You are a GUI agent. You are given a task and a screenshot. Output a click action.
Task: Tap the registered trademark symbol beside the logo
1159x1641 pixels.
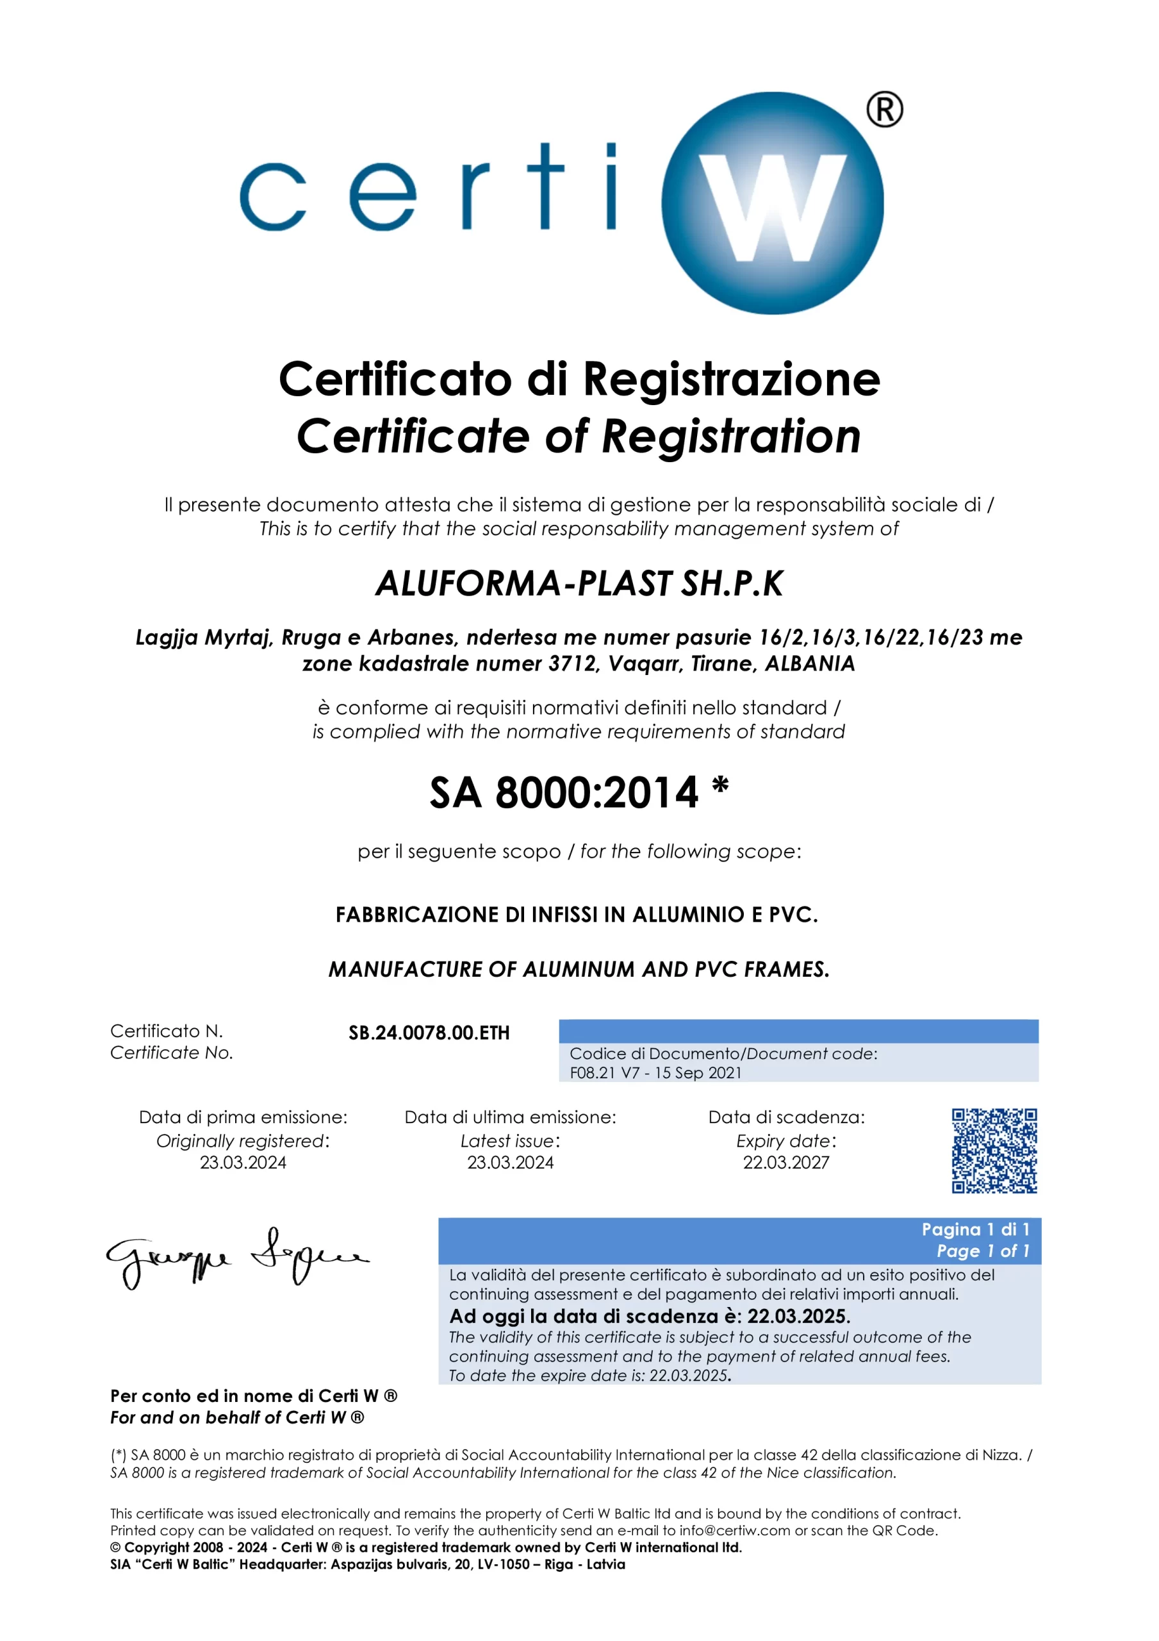click(885, 110)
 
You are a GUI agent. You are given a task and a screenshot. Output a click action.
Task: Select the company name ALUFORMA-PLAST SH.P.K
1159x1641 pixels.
click(579, 584)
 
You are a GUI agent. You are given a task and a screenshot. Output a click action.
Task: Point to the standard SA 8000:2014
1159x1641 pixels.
click(564, 793)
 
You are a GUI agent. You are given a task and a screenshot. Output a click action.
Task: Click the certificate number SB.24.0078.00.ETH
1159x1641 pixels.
click(429, 1033)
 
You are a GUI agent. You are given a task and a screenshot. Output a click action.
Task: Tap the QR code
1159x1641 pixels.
click(994, 1151)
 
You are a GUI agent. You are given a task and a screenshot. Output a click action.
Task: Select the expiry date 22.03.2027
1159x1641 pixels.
click(786, 1163)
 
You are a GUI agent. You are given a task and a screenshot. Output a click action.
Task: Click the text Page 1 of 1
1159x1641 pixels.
click(983, 1251)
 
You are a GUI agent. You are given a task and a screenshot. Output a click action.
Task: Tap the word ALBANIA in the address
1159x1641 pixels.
click(810, 664)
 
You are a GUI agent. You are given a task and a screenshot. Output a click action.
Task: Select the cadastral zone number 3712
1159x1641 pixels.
click(572, 664)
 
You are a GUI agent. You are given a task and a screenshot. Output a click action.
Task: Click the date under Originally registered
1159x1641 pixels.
click(243, 1163)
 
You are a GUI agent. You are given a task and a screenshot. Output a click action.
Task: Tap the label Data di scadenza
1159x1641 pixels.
click(786, 1117)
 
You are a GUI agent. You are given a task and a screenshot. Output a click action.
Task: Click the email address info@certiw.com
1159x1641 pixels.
click(735, 1530)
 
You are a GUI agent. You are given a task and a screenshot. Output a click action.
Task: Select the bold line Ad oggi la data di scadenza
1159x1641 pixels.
click(649, 1317)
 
